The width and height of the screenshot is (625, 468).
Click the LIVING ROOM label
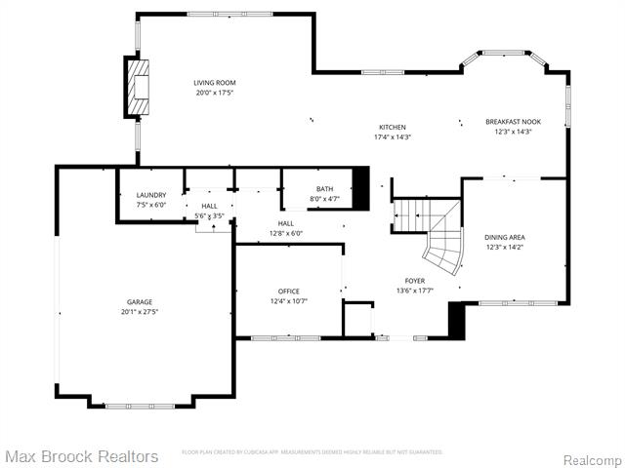click(x=214, y=83)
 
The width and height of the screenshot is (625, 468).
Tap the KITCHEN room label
click(x=393, y=128)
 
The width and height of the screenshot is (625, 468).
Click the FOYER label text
click(x=415, y=281)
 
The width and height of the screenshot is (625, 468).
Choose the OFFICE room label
click(x=288, y=292)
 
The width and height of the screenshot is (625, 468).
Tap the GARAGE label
click(x=139, y=302)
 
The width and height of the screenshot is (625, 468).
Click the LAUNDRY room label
click(x=150, y=195)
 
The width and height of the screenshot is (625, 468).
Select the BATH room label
click(x=324, y=189)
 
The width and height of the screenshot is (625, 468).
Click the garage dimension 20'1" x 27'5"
click(x=139, y=312)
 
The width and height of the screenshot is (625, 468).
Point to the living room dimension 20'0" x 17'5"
click(x=214, y=93)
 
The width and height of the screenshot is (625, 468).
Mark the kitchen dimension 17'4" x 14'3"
click(x=393, y=137)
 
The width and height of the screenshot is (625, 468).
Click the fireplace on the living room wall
click(x=136, y=87)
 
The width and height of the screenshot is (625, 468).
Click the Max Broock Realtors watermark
click(x=81, y=456)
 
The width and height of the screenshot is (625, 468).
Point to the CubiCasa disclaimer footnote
click(x=312, y=452)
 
